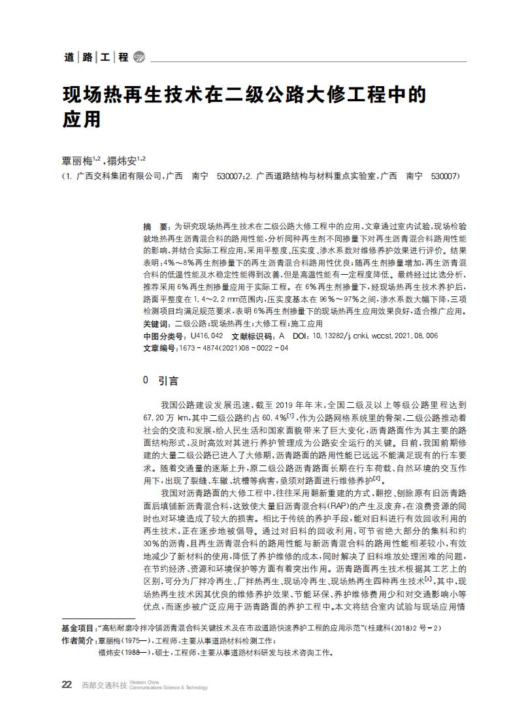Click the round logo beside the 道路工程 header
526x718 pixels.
coord(139,57)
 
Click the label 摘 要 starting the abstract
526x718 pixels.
coord(156,225)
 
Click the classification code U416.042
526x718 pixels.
coord(206,336)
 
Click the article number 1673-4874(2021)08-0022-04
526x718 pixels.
coord(233,347)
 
